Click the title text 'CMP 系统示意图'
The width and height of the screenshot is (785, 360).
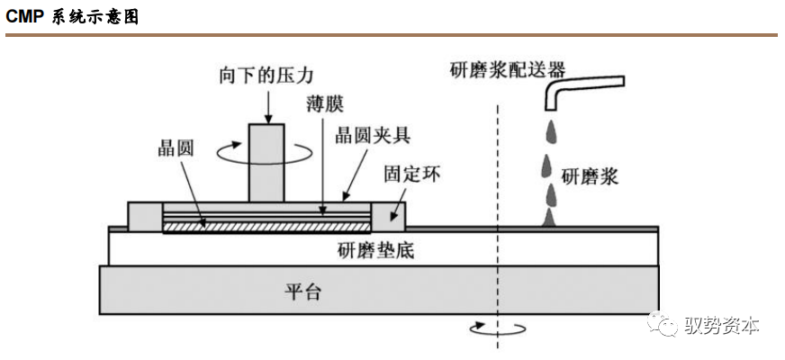[x=73, y=17]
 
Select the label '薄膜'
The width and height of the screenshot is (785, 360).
[x=323, y=105]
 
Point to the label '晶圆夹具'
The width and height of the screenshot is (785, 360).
[x=373, y=136]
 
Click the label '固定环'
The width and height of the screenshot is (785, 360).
[x=411, y=171]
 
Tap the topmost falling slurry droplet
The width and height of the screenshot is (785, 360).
[x=546, y=131]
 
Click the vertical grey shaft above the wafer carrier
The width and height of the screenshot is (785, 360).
[x=266, y=164]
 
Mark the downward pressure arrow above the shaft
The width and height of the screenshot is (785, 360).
[x=267, y=106]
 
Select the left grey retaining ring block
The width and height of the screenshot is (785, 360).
[x=145, y=217]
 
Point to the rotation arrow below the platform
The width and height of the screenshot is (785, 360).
[x=494, y=328]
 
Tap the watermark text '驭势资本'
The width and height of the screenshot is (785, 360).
[x=722, y=325]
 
